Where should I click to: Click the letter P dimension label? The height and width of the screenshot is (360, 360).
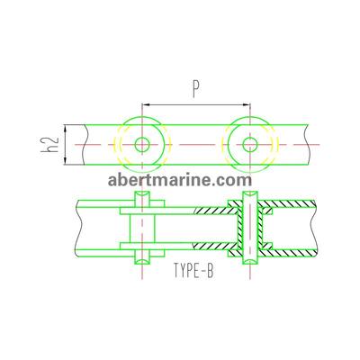pos(195,90)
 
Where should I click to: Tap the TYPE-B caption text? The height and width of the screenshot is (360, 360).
pos(193,270)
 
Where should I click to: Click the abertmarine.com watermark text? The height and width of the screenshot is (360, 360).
pos(180,180)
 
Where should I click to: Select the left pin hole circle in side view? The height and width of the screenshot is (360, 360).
pos(142,145)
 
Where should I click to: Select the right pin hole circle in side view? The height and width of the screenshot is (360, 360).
pos(250,145)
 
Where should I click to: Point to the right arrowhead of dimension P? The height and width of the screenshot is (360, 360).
pos(247,104)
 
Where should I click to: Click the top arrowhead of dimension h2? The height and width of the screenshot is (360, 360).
pos(65,129)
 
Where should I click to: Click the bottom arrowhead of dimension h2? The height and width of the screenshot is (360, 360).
pos(65,161)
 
